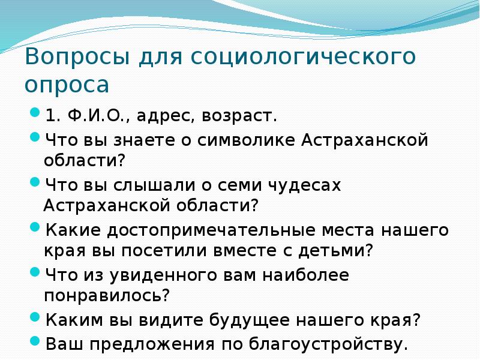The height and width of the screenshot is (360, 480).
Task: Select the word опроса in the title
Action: pyautogui.click(x=67, y=85)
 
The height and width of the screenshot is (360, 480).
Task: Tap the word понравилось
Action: pyautogui.click(x=106, y=296)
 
